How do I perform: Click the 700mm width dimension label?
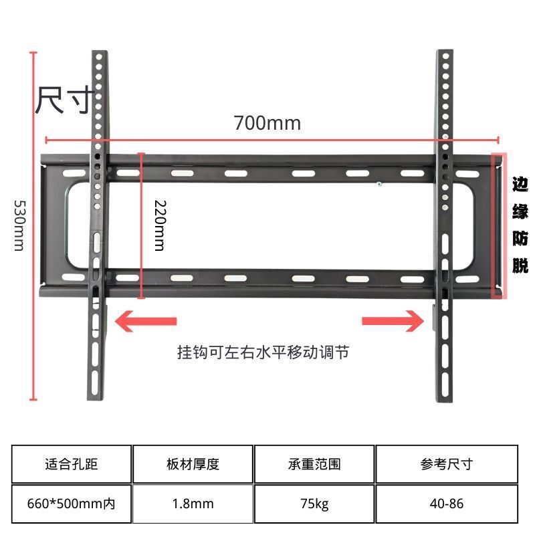coord(267,123)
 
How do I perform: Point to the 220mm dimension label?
coord(158,225)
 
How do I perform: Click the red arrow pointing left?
coord(146,320)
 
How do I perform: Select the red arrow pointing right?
coord(393,320)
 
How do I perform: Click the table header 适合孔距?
coord(72,463)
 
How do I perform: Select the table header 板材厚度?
coord(193,463)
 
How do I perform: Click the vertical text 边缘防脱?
coord(520,225)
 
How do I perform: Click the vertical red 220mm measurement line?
coord(141,225)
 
